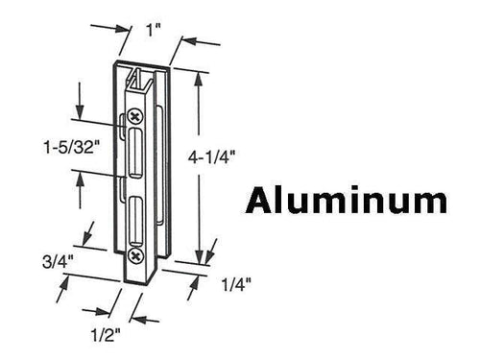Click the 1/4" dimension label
[232, 283]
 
